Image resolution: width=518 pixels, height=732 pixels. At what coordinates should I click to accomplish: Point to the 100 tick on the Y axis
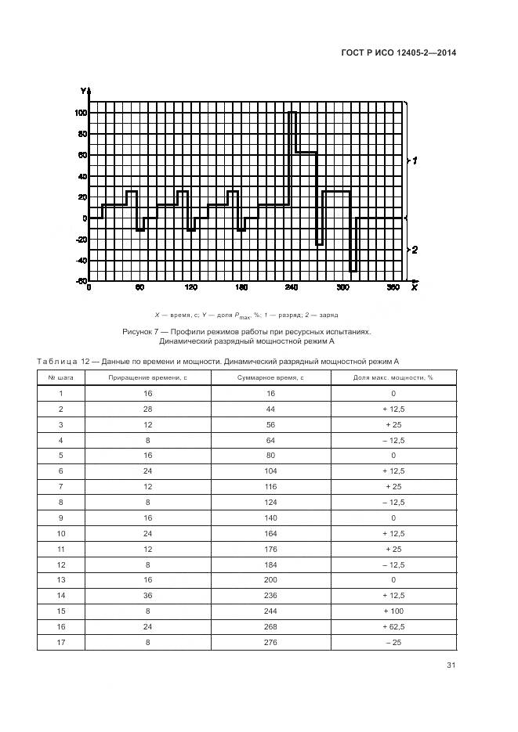coord(81,112)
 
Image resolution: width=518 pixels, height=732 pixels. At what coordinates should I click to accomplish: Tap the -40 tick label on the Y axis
coord(79,261)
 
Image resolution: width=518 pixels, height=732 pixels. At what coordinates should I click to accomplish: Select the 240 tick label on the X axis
coord(292,288)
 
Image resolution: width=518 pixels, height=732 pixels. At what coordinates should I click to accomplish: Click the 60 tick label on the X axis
coord(139,288)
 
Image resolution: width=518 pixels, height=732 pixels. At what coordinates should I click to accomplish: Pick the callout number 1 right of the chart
coord(415,160)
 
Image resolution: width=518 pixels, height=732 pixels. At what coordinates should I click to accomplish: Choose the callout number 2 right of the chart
coord(415,250)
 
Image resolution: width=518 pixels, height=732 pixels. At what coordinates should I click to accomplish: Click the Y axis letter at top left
coord(82,92)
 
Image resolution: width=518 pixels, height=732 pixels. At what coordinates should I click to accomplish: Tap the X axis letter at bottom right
coord(414,287)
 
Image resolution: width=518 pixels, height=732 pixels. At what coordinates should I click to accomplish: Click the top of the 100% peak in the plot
coord(292,113)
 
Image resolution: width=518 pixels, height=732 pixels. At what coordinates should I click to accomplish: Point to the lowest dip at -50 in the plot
coord(353,271)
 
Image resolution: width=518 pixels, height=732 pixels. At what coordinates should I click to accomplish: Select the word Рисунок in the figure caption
coord(139,332)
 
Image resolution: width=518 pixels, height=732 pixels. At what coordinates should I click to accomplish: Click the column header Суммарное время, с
coord(270,377)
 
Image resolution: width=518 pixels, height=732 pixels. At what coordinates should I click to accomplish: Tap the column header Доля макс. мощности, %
coord(393,377)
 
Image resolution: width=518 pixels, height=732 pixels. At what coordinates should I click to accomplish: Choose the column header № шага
coord(60,377)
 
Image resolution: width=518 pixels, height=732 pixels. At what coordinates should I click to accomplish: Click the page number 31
coord(451,665)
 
